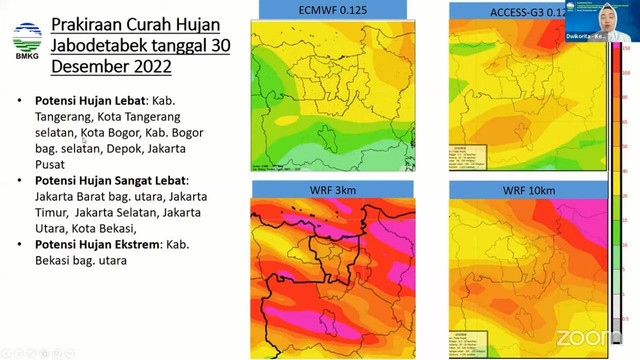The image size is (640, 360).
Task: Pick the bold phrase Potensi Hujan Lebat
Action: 91,102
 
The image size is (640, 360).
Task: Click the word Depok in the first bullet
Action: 126,147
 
